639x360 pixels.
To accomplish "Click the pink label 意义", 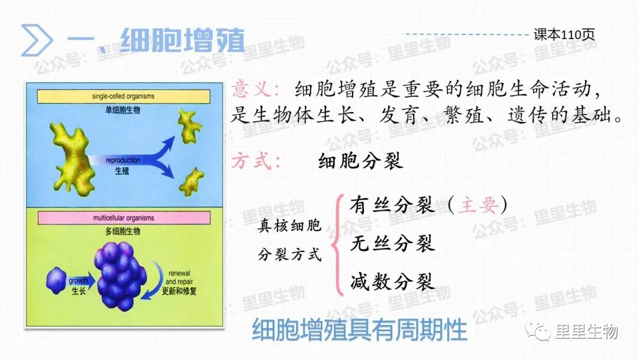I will click(x=256, y=91).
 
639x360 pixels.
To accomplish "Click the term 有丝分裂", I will click(x=392, y=206).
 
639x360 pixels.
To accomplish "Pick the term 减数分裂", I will click(x=392, y=281).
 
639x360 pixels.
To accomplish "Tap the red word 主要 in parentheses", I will click(x=477, y=206).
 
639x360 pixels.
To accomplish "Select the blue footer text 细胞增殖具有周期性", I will click(x=360, y=330).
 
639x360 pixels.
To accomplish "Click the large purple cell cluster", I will click(x=121, y=275).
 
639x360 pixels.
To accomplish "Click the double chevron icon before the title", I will click(x=37, y=40).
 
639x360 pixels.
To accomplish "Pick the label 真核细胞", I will click(x=289, y=226).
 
